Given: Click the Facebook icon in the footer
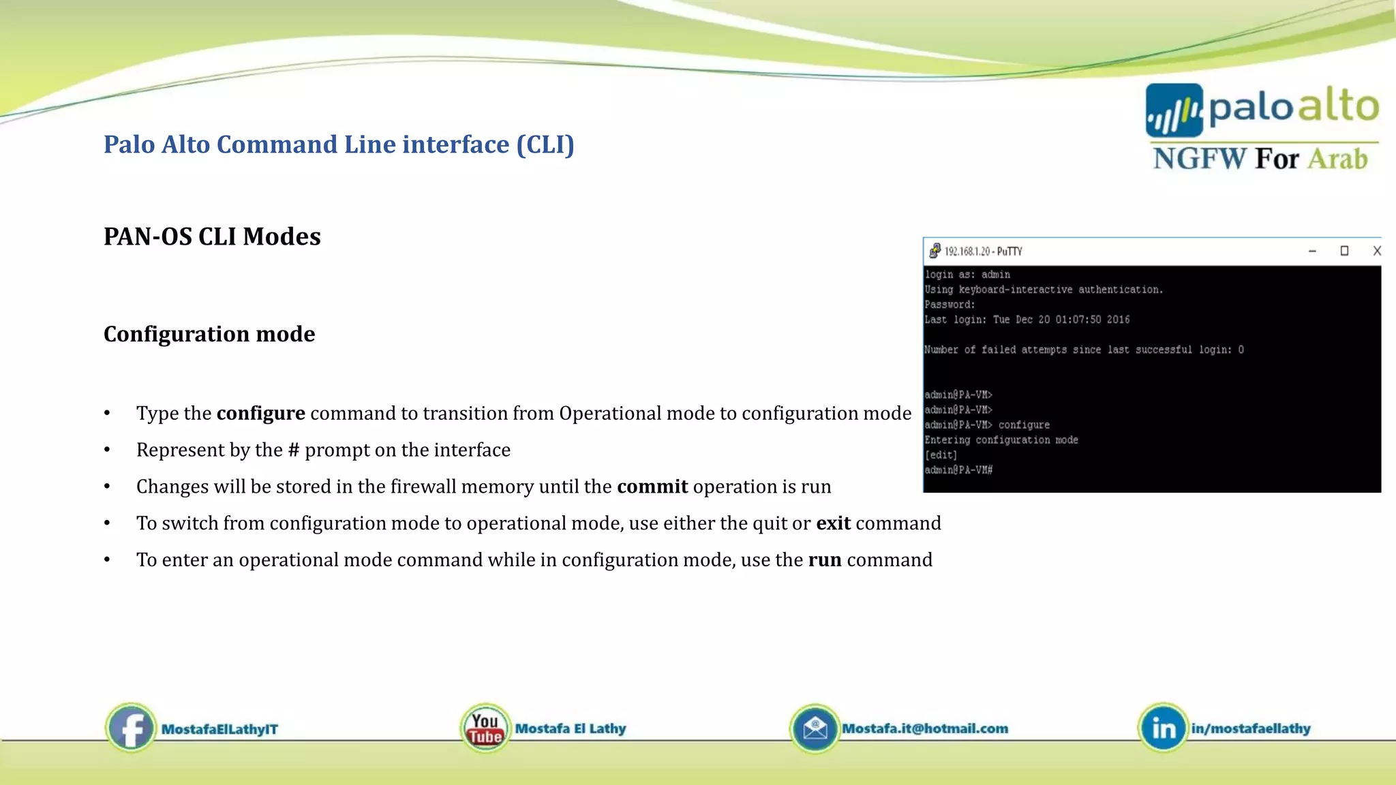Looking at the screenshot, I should [131, 728].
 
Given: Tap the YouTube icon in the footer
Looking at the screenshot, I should [485, 728].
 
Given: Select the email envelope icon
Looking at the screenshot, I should [815, 728].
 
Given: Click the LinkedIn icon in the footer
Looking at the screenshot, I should [1163, 728].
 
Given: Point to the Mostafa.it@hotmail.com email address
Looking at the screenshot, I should [925, 728].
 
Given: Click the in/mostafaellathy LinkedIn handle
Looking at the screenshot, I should [1251, 728].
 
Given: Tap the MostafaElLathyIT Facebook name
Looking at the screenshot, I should [219, 729].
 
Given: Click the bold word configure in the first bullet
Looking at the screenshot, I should [260, 414].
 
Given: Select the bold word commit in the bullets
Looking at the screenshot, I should [652, 487].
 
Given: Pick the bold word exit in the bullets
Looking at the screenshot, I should [833, 523].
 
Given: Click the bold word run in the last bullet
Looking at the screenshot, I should [825, 560].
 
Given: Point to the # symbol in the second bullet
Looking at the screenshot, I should [294, 450].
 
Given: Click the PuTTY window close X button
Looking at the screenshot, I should [1376, 251].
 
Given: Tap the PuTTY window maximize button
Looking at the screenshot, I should [1344, 251].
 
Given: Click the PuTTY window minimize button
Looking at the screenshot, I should [1312, 251].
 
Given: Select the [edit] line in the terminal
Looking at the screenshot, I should [941, 455].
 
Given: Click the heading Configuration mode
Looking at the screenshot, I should [209, 334].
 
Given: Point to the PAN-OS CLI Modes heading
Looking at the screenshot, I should [212, 236].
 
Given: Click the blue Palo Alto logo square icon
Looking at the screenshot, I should [1174, 110].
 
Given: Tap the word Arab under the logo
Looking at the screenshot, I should [1337, 159].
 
